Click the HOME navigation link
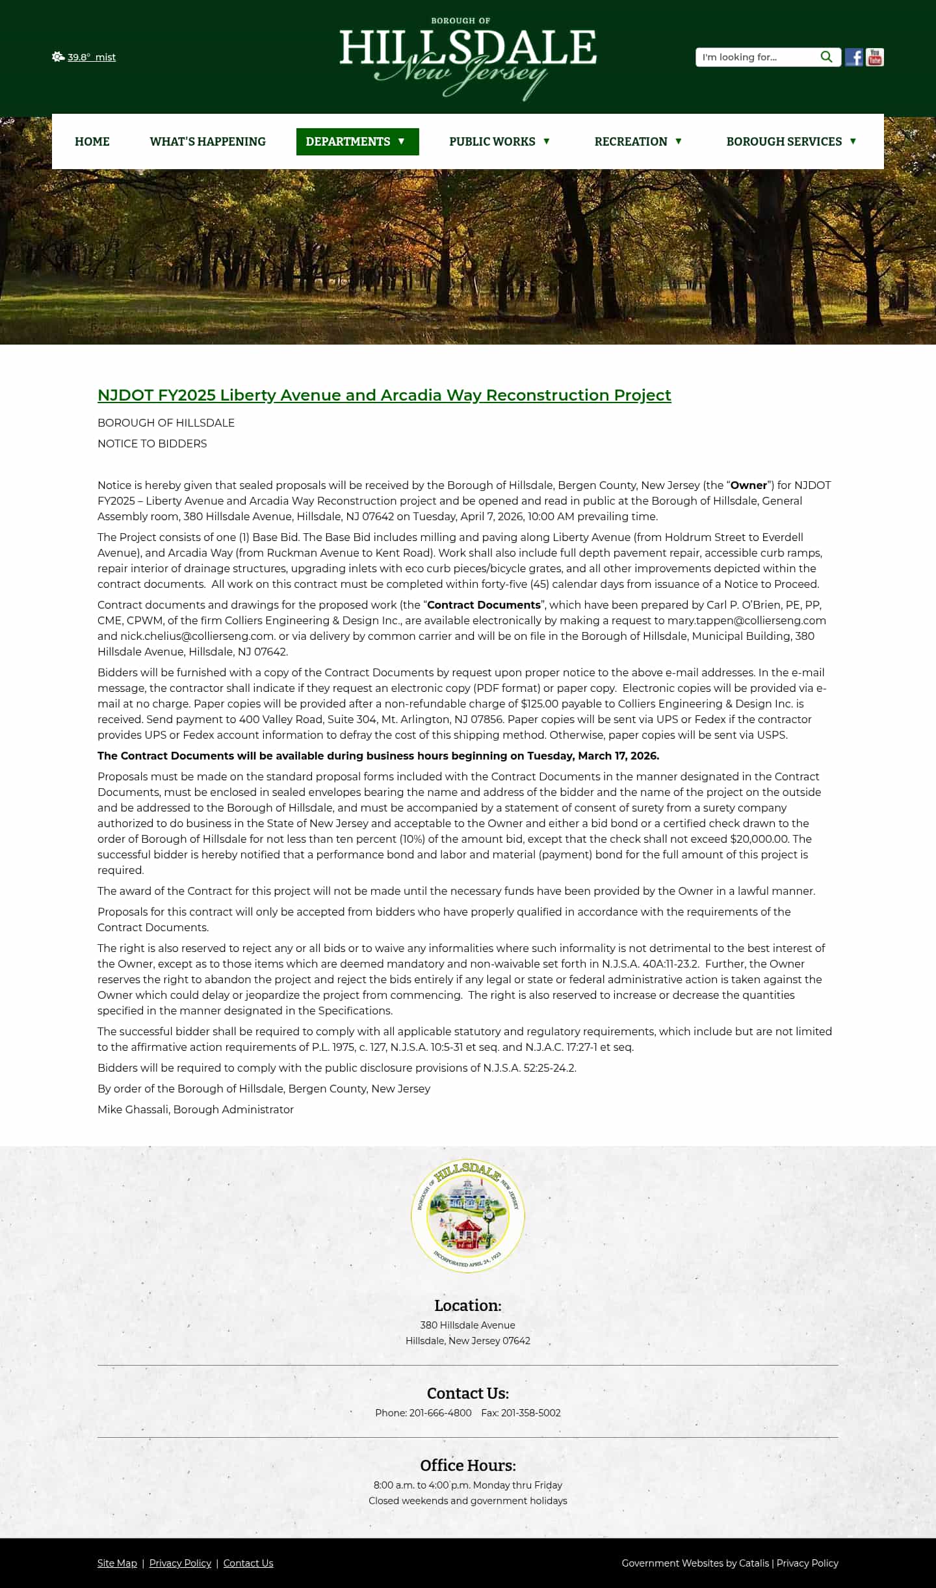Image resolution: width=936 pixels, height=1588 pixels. pos(92,142)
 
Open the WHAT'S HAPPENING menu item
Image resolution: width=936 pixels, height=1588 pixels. pos(207,142)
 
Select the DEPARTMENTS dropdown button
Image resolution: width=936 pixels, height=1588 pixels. pos(357,142)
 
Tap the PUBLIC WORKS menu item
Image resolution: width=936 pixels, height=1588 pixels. pos(499,142)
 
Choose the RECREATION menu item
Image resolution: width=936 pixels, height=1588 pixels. pos(638,142)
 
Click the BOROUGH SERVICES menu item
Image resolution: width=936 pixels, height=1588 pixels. pos(791,142)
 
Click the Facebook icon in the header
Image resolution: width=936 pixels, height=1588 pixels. pos(853,57)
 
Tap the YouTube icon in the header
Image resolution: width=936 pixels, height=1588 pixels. pos(875,57)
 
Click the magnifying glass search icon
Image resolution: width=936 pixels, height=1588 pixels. pos(826,57)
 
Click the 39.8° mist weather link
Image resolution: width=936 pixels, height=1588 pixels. pos(91,57)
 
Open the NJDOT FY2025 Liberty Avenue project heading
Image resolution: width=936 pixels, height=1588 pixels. pos(384,395)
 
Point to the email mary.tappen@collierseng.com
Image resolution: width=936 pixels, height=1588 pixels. pos(746,620)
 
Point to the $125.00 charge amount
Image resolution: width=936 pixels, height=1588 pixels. pos(539,704)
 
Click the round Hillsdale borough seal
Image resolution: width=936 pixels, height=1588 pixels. pos(468,1215)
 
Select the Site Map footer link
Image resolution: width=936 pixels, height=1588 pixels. pos(117,1563)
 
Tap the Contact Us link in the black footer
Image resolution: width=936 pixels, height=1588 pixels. pos(248,1563)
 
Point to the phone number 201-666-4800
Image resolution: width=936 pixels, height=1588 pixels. pos(440,1412)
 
